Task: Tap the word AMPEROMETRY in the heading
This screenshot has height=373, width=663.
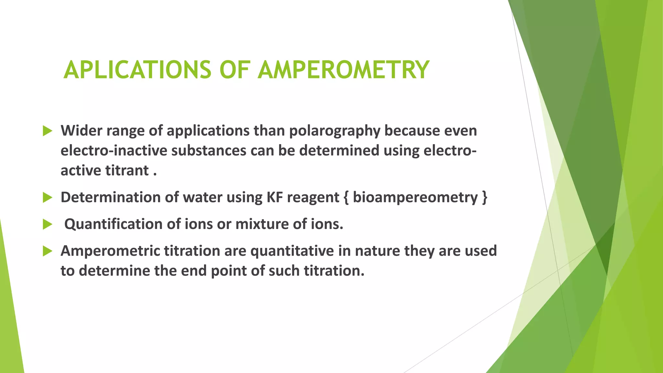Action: point(343,70)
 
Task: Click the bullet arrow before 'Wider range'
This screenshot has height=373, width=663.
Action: point(47,131)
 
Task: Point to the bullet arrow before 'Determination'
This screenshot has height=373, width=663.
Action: point(47,198)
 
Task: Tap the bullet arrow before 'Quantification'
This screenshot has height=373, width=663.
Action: point(47,224)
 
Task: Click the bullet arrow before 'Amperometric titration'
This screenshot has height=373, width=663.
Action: point(47,251)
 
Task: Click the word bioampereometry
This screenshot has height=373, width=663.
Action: point(415,198)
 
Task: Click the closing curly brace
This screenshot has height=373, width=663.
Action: point(484,198)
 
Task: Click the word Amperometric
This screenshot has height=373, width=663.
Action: point(110,251)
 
